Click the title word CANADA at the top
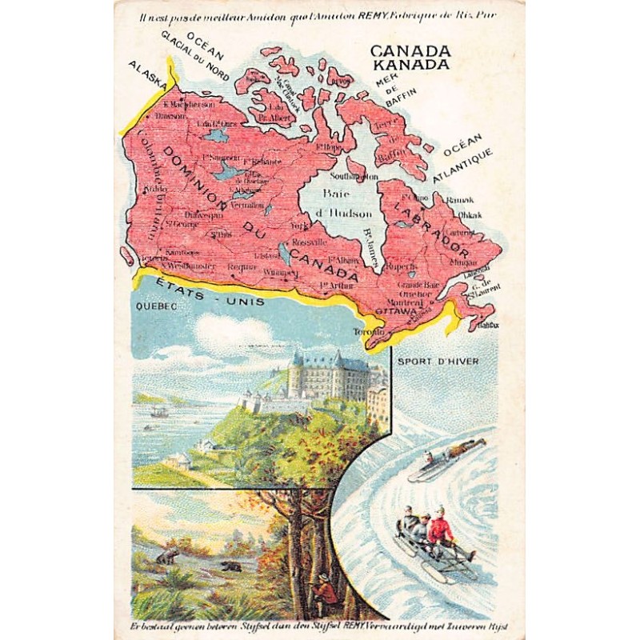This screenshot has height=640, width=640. pyautogui.click(x=410, y=50)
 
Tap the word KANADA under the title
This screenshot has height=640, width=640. pyautogui.click(x=410, y=64)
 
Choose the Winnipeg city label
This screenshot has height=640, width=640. pyautogui.click(x=280, y=273)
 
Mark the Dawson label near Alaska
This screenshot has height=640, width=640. pyautogui.click(x=170, y=116)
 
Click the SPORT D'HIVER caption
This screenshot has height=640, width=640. pyautogui.click(x=450, y=361)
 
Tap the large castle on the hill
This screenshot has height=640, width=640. pyautogui.click(x=327, y=376)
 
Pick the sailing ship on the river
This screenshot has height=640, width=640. pyautogui.click(x=158, y=412)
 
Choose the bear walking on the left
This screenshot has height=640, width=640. pyautogui.click(x=169, y=554)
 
